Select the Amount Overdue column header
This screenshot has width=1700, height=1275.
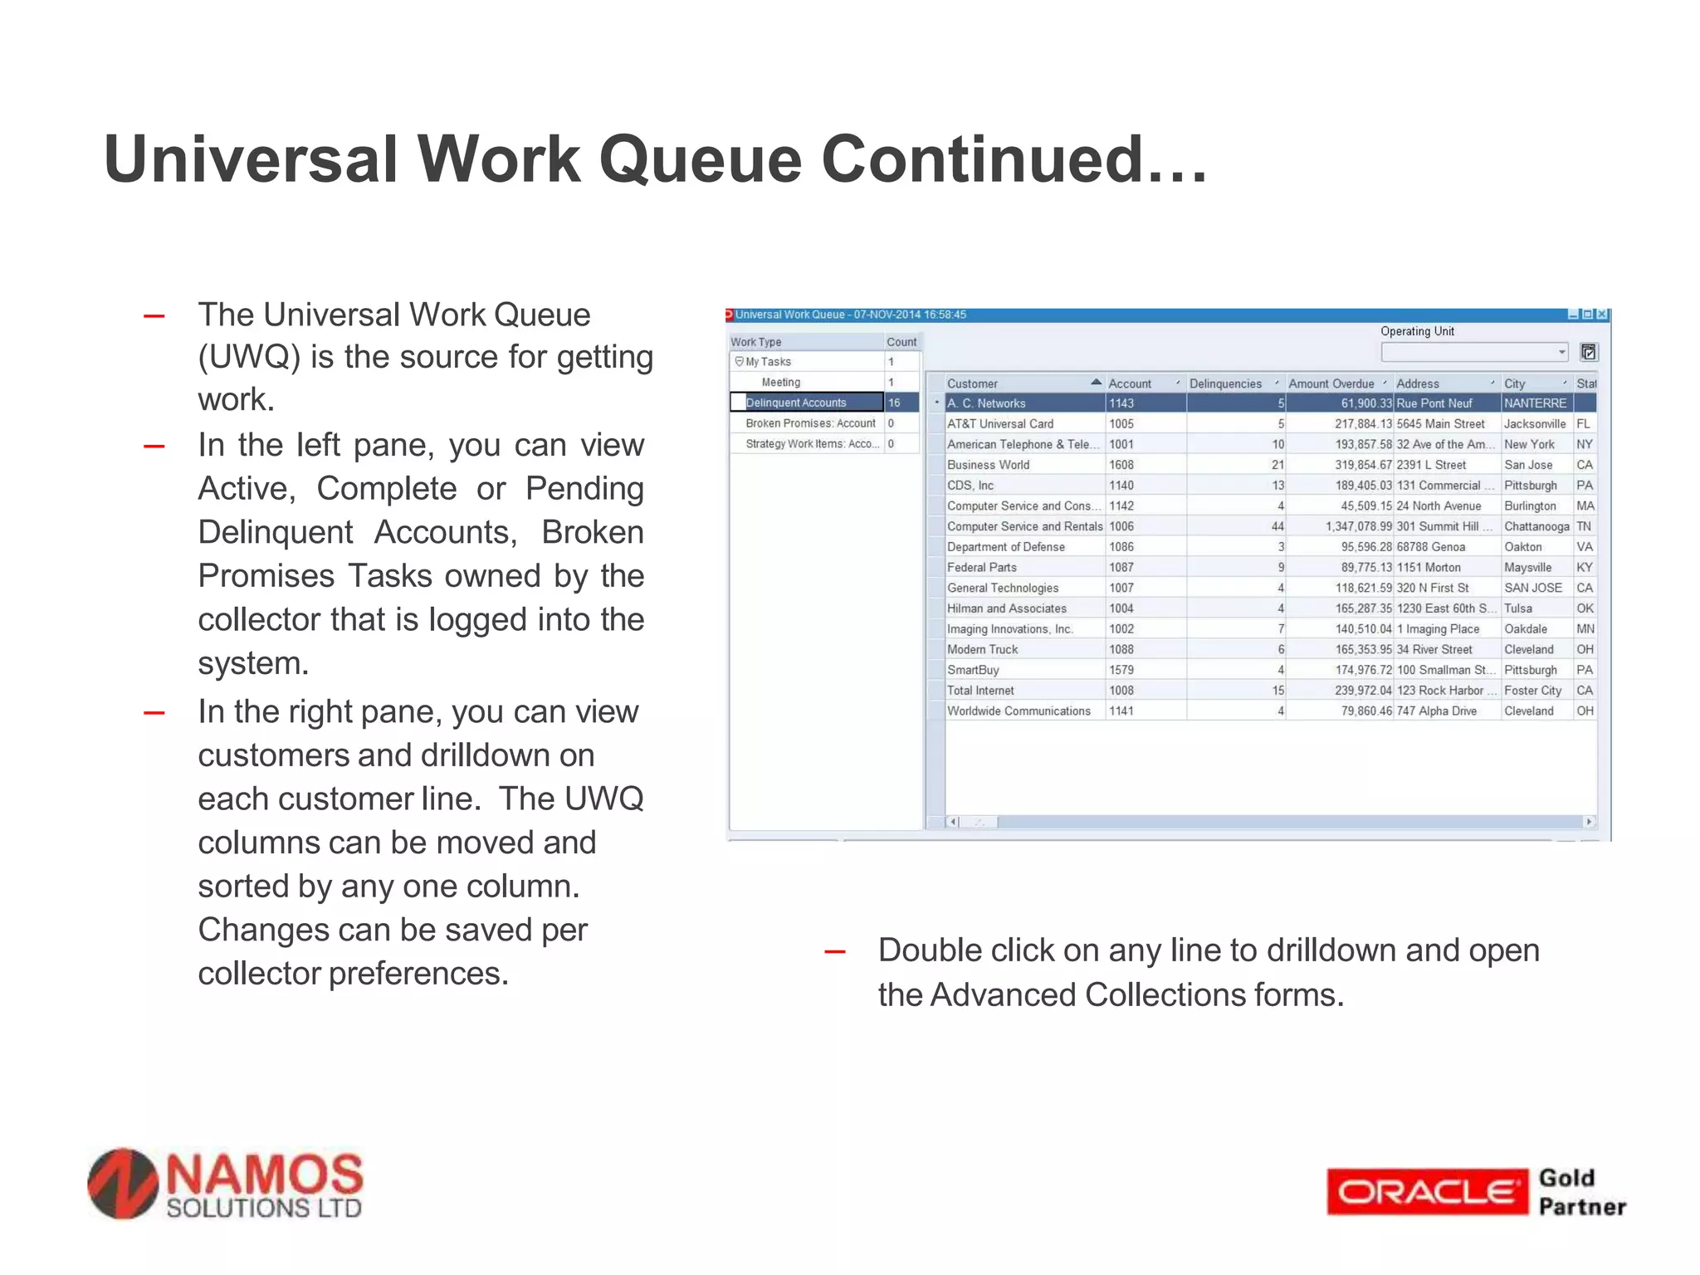[x=1331, y=383]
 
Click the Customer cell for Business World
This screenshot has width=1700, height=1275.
[x=988, y=465]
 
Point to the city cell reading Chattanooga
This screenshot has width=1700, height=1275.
[x=1536, y=526]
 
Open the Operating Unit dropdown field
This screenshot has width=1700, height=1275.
[x=1473, y=352]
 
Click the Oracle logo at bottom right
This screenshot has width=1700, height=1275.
[x=1426, y=1192]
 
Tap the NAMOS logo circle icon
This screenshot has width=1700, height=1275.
[x=123, y=1184]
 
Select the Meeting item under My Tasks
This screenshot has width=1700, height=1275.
[x=780, y=382]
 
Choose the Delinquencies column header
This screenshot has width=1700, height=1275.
[x=1225, y=383]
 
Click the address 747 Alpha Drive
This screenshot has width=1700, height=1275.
[x=1436, y=711]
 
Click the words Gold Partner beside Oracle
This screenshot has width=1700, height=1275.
[x=1580, y=1192]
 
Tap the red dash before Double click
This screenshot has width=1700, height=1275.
[x=834, y=952]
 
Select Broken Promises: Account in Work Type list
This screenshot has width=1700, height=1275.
[x=809, y=423]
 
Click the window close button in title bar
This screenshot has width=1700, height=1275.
[x=1601, y=315]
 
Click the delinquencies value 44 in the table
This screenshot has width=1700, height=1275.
[x=1277, y=526]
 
